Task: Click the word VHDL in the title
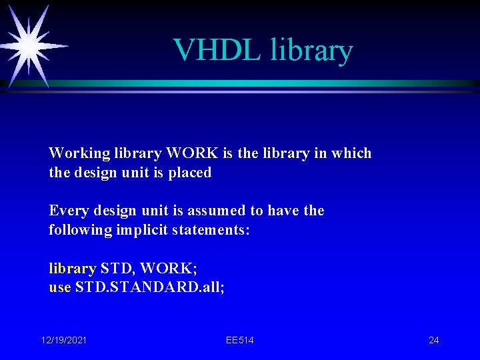click(x=217, y=50)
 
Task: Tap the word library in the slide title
click(x=311, y=51)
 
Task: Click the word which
click(x=351, y=153)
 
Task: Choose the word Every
click(x=68, y=211)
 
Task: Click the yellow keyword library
click(x=72, y=269)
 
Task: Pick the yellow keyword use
click(x=60, y=288)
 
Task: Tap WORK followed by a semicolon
click(x=168, y=269)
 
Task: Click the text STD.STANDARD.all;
click(x=150, y=288)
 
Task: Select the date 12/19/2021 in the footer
click(x=64, y=341)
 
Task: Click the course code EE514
click(x=239, y=341)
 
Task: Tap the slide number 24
click(x=433, y=341)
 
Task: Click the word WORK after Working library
click(x=192, y=153)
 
